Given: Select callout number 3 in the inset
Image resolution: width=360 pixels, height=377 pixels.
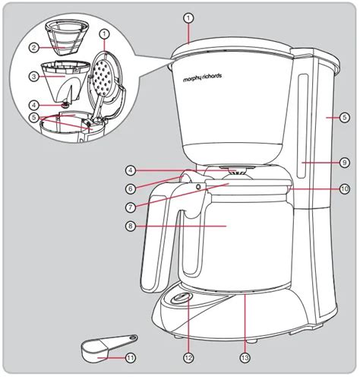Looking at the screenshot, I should pyautogui.click(x=34, y=76).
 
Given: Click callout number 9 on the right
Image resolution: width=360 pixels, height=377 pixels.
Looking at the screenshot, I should pyautogui.click(x=344, y=161).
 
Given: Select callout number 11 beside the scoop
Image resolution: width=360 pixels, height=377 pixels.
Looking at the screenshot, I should pyautogui.click(x=130, y=357).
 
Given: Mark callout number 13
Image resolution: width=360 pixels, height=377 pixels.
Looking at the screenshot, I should pyautogui.click(x=245, y=357).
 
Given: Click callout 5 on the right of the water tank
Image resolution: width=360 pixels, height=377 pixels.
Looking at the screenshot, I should pyautogui.click(x=344, y=118).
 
